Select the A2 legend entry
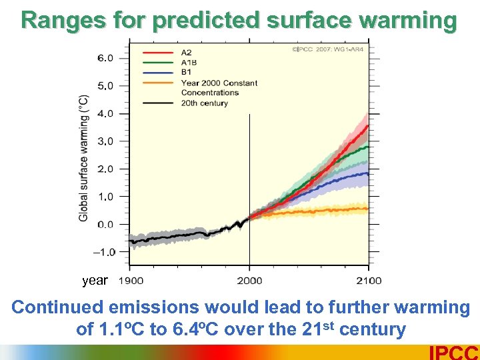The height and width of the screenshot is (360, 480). click(x=186, y=52)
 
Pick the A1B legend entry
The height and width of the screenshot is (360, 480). click(x=189, y=62)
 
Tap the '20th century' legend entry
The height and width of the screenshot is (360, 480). click(x=204, y=103)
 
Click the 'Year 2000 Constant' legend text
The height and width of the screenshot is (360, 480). click(x=219, y=83)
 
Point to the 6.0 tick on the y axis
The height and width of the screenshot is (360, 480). click(x=105, y=58)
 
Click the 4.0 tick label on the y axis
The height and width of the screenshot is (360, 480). click(x=105, y=114)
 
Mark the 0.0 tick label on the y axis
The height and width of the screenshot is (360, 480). click(x=105, y=225)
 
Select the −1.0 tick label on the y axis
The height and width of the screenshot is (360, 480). click(x=103, y=252)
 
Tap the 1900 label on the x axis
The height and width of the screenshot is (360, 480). click(x=131, y=281)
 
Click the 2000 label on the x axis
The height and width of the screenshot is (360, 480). click(x=249, y=281)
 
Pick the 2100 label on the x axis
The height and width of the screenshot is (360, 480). click(x=368, y=281)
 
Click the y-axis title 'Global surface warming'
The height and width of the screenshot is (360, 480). click(x=84, y=158)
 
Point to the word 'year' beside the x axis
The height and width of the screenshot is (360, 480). click(x=95, y=281)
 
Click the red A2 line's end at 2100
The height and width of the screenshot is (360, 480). click(x=367, y=126)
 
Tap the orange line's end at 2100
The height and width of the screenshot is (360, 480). click(x=367, y=209)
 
